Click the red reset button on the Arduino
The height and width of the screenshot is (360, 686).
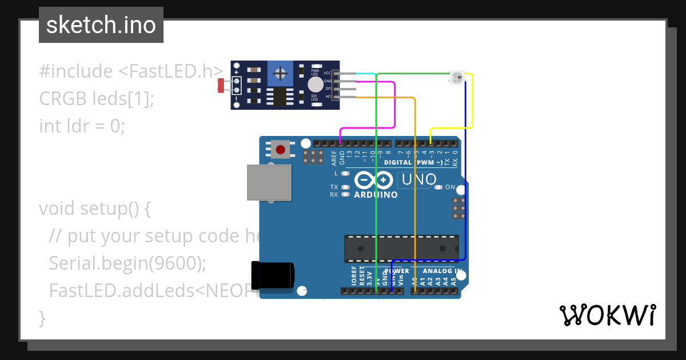coord(280,150)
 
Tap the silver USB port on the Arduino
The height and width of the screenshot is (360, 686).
coord(269,183)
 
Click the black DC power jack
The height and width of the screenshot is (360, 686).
coord(273,274)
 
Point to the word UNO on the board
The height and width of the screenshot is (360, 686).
coord(419,179)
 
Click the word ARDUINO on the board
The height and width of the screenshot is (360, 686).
coord(376,194)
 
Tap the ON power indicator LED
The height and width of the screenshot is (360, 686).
coord(438,187)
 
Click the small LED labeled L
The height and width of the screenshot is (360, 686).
coord(344,173)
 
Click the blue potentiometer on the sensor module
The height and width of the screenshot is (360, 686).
coord(280,73)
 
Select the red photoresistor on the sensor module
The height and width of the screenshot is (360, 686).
coord(221,86)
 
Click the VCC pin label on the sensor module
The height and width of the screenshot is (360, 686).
coord(327,73)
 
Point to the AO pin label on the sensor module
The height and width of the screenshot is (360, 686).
coord(328,97)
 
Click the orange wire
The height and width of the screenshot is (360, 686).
coord(414,189)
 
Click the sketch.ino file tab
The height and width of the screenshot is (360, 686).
coord(101,25)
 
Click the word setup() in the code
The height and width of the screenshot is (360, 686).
coord(115,208)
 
